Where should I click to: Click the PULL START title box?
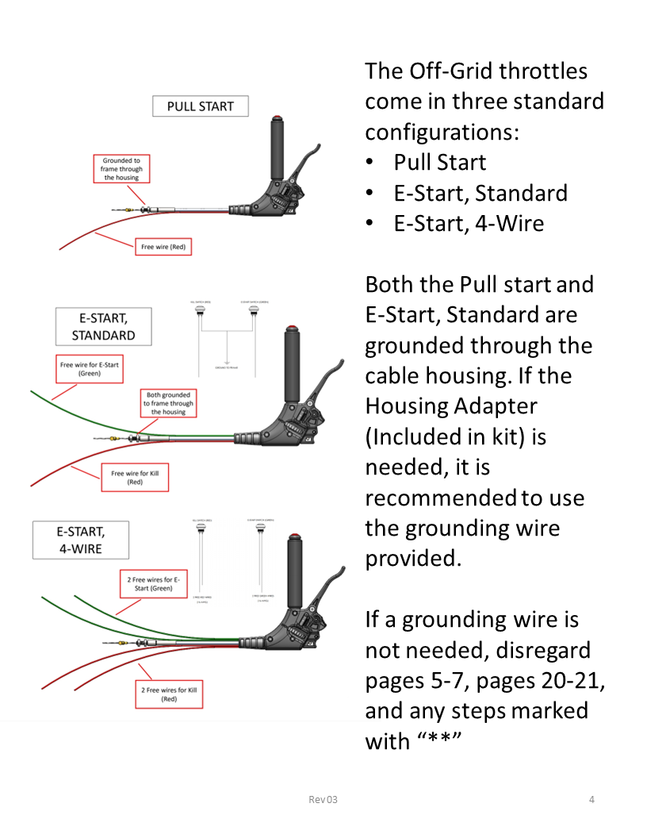click(200, 106)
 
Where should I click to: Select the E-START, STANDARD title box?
click(103, 326)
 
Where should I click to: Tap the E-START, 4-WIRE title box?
click(79, 539)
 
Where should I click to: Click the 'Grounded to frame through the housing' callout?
click(121, 169)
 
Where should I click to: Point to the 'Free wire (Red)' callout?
click(163, 247)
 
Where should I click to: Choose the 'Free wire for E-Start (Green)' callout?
click(90, 369)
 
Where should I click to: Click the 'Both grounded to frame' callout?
click(168, 403)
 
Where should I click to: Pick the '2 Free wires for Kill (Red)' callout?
click(168, 694)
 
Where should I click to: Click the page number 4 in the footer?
click(591, 799)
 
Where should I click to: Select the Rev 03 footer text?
click(323, 799)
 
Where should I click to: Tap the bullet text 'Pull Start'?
click(440, 163)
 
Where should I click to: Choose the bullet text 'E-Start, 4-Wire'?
click(469, 224)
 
